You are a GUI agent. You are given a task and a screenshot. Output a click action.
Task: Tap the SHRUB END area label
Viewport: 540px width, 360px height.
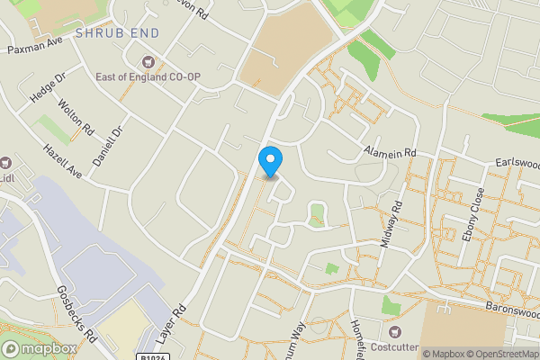(x=118, y=33)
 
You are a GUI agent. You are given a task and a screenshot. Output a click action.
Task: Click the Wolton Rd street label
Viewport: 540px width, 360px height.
(x=76, y=117)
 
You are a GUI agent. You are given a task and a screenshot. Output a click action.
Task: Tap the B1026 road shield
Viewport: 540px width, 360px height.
(x=154, y=357)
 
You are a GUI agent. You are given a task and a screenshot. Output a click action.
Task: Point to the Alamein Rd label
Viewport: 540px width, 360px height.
(x=391, y=153)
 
